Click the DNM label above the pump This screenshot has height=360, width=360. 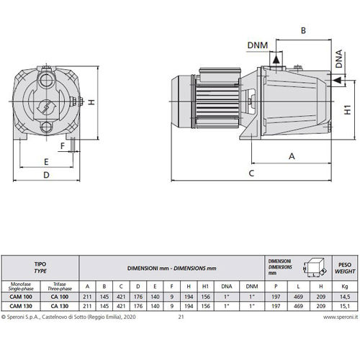pyautogui.click(x=258, y=45)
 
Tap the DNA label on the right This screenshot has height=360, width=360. pyautogui.click(x=339, y=59)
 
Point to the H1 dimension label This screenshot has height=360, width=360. pyautogui.click(x=348, y=109)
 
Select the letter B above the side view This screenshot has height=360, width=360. pyautogui.click(x=303, y=30)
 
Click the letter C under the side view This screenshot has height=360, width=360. pyautogui.click(x=251, y=173)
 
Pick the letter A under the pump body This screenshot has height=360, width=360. pyautogui.click(x=292, y=156)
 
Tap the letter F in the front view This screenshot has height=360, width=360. pyautogui.click(x=63, y=146)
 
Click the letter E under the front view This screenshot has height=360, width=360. pyautogui.click(x=46, y=162)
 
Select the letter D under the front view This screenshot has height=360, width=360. pyautogui.click(x=46, y=175)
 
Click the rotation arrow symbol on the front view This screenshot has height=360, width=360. pyautogui.click(x=46, y=107)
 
